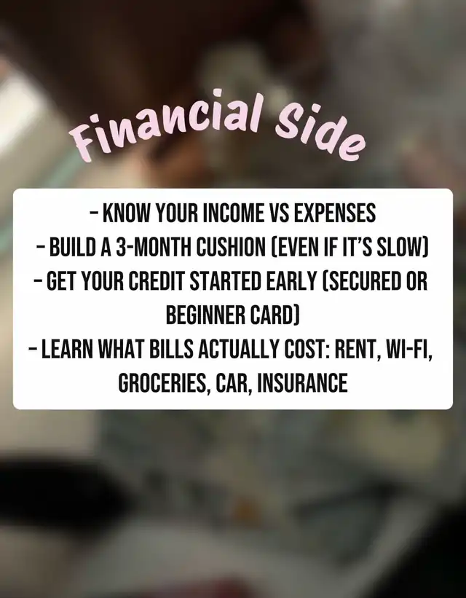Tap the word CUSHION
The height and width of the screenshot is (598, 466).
(231, 247)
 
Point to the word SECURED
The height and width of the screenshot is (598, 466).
(362, 281)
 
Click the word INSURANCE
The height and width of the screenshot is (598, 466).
(302, 383)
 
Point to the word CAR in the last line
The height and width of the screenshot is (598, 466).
(232, 383)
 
